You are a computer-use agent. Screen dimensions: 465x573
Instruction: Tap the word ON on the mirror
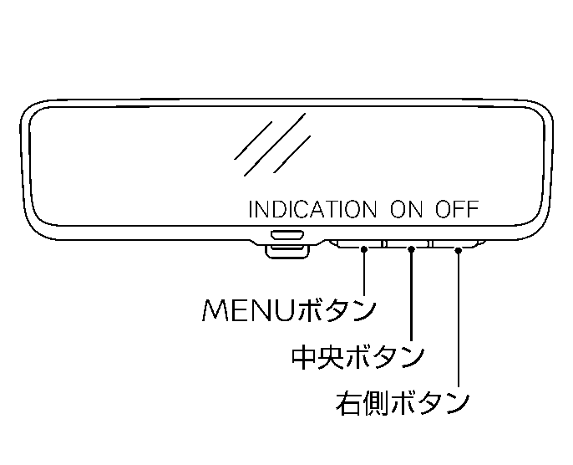click(407, 209)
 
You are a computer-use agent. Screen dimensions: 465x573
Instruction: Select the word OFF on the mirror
click(456, 209)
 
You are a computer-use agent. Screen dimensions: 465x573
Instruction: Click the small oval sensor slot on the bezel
click(286, 237)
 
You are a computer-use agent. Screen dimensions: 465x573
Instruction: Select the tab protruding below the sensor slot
click(286, 249)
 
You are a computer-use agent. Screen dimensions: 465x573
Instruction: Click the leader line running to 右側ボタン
click(459, 318)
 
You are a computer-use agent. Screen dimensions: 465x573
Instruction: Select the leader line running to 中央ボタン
click(412, 293)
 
